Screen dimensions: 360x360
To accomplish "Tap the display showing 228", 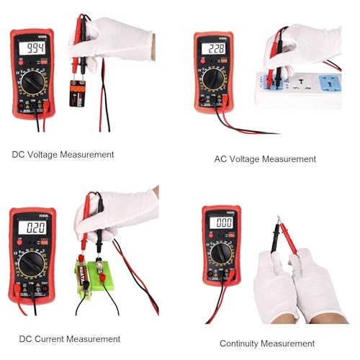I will [213, 49].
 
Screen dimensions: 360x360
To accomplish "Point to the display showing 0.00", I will [220, 223].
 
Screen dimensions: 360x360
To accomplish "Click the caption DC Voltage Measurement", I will [63, 154].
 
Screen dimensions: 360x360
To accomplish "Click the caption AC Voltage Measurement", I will [265, 158].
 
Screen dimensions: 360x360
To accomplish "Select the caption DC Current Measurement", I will [66, 338].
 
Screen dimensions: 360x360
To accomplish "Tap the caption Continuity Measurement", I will [267, 343].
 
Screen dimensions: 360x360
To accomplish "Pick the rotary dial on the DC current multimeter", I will [33, 264].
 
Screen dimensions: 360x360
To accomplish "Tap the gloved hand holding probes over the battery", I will [115, 40].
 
